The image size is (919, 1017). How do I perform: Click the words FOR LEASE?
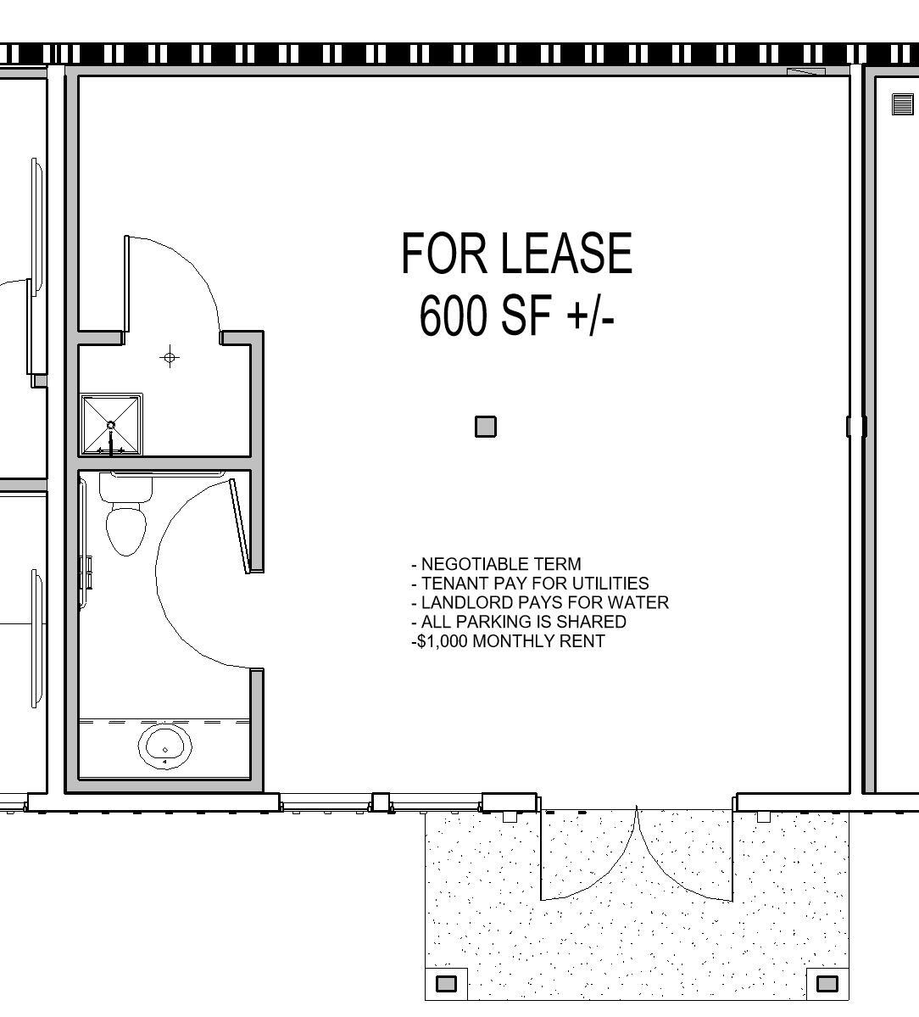516,253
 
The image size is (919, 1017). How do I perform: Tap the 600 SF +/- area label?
516,315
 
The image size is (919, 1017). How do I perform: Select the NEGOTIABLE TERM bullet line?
497,564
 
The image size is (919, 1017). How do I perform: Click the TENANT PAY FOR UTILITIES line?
531,584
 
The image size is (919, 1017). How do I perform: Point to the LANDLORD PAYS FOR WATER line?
540,602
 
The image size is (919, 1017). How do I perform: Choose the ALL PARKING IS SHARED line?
519,622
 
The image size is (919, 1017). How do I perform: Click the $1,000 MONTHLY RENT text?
509,641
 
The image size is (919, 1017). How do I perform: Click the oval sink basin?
164,746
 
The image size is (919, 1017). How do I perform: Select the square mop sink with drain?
111,425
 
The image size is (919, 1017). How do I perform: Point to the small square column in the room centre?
486,427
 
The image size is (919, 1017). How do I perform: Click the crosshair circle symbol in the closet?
170,358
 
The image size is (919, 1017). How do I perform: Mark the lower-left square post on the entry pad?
446,984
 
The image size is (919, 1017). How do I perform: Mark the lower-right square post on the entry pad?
827,984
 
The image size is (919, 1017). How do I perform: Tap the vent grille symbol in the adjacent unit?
902,104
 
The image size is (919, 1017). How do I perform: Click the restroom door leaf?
241,526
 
